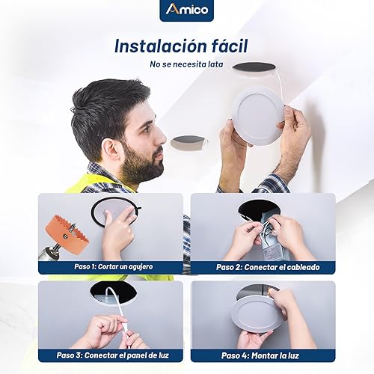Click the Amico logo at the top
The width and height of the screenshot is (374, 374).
click(186, 10)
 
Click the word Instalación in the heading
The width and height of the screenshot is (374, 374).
click(156, 45)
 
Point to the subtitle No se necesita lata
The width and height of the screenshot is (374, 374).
click(186, 64)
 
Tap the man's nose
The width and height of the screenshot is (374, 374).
click(163, 136)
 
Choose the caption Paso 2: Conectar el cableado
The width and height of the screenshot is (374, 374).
click(263, 266)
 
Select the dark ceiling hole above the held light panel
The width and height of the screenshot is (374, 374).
click(254, 67)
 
